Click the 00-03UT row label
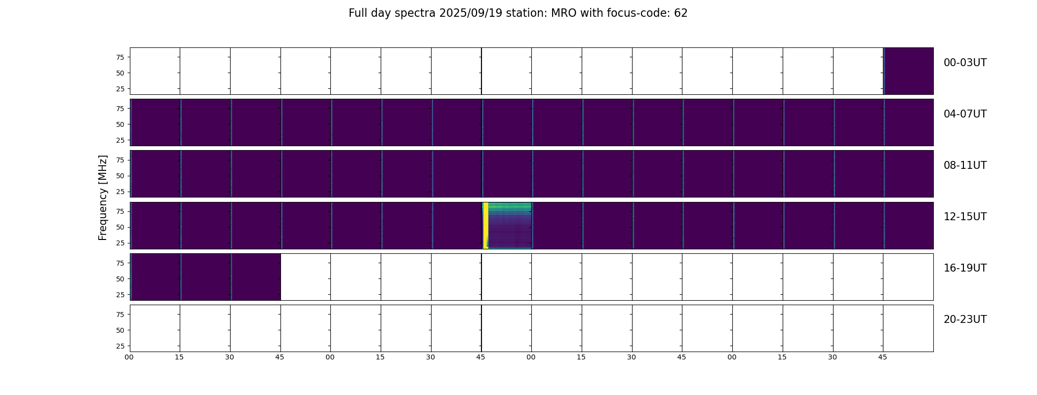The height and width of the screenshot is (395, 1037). pos(965,63)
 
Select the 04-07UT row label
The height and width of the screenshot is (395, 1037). pos(965,114)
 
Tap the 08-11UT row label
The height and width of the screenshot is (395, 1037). pos(965,165)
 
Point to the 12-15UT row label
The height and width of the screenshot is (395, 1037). pos(965,217)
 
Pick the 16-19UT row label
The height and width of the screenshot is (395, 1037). pos(965,268)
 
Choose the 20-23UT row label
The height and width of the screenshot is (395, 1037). pos(965,319)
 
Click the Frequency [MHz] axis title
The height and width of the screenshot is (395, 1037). pos(103,198)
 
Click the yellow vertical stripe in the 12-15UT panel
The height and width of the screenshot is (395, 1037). pos(486,225)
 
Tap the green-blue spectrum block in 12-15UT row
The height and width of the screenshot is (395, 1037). pos(510,225)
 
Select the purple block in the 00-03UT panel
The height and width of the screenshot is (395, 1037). pos(908,71)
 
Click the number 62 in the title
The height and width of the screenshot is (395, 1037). pos(681,13)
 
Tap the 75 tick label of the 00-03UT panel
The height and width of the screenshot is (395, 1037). pos(120,57)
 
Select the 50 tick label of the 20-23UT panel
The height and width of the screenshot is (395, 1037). pos(120,330)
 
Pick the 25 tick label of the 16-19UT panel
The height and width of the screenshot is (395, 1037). pos(120,295)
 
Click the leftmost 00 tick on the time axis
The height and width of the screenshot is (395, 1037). pos(129,357)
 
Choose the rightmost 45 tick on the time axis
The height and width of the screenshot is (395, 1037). pos(882,357)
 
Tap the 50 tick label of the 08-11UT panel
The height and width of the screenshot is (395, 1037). pos(120,176)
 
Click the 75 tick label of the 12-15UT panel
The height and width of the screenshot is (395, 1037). pos(120,211)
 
